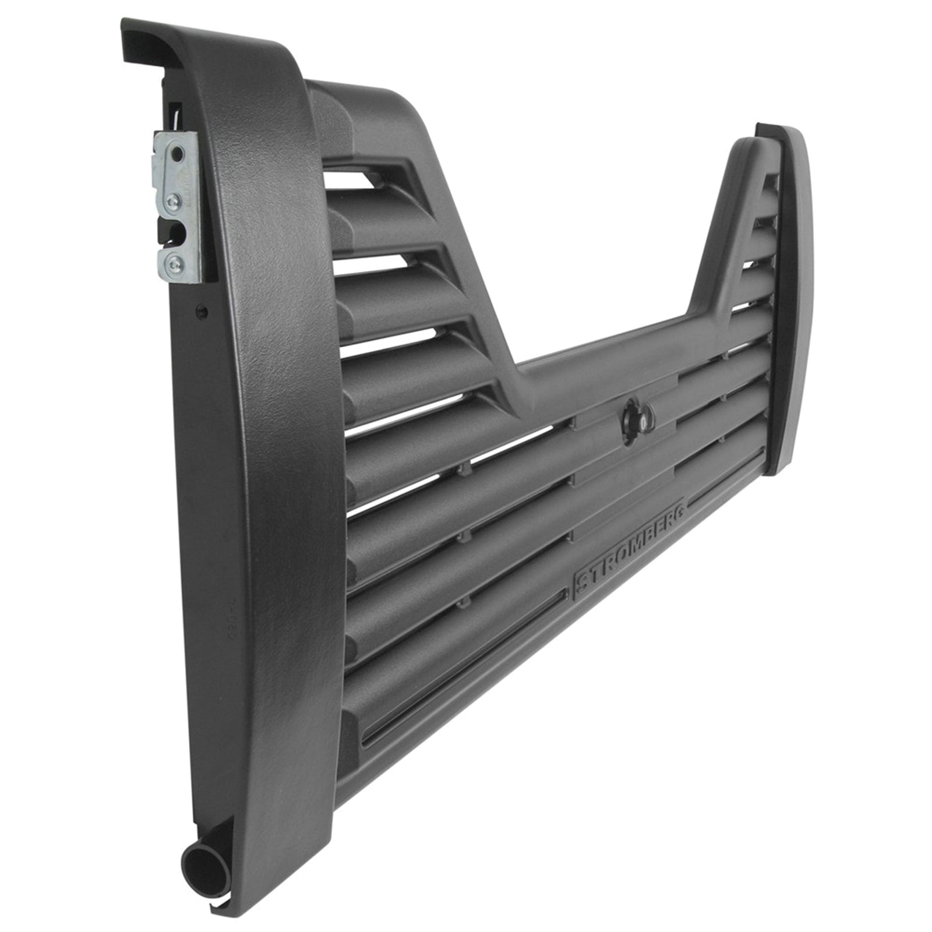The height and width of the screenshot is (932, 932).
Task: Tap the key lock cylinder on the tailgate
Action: [638, 414]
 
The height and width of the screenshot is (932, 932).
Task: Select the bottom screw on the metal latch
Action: [173, 263]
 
